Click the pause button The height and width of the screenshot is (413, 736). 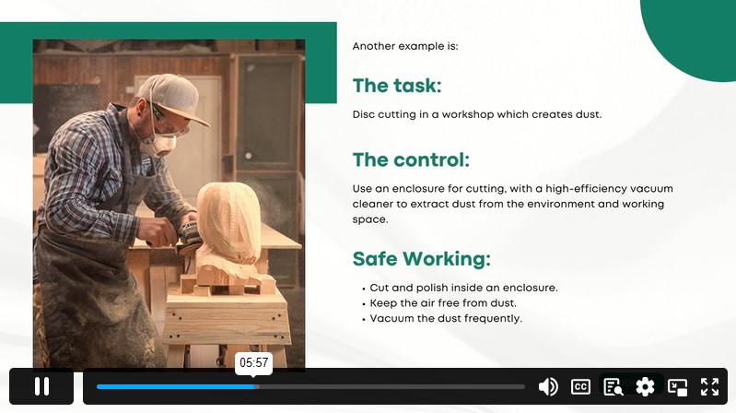click(41, 386)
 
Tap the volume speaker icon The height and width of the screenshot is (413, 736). click(548, 386)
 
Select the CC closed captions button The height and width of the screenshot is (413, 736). click(580, 386)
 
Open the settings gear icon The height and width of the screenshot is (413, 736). click(645, 386)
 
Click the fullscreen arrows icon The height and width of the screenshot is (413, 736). click(709, 386)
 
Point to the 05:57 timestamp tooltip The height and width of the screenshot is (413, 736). click(254, 362)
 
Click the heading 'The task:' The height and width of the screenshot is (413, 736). click(397, 86)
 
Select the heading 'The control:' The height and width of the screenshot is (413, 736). click(411, 159)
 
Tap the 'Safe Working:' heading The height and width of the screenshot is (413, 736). click(422, 259)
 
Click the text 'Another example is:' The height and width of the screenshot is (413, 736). click(405, 46)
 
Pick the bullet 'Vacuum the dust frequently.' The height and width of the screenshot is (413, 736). click(446, 319)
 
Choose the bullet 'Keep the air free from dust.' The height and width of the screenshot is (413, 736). click(443, 303)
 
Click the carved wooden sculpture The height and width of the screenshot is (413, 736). click(228, 231)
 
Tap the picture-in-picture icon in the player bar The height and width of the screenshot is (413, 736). click(677, 386)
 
